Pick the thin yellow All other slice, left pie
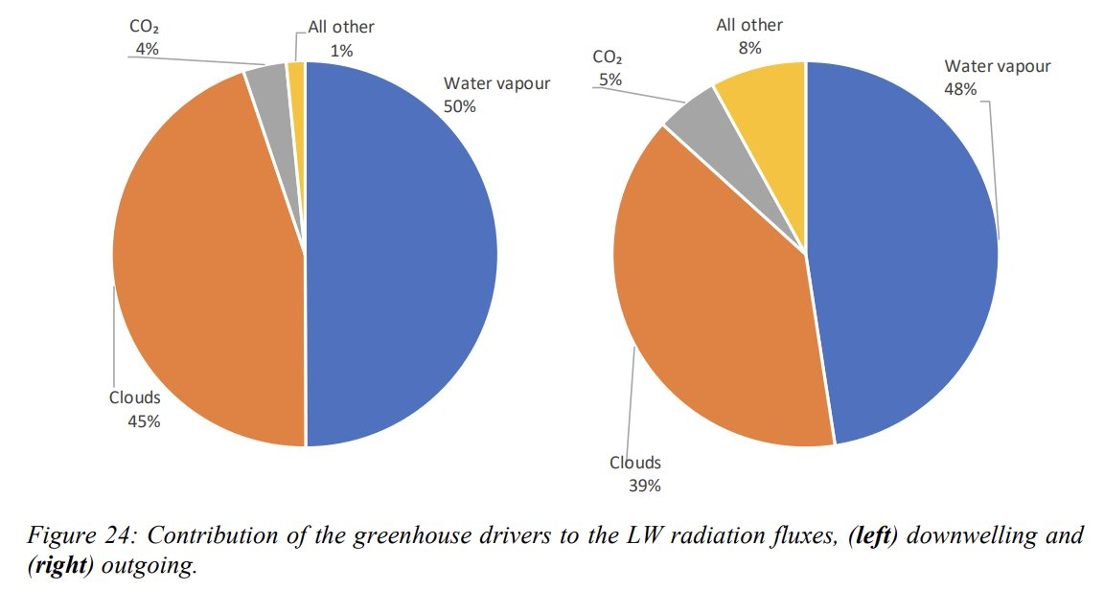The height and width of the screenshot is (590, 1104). (x=296, y=77)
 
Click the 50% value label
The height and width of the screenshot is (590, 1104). (x=460, y=106)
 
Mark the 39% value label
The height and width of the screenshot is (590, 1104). (x=644, y=486)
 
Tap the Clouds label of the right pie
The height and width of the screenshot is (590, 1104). (x=635, y=463)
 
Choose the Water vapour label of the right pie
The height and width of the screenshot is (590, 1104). (x=998, y=66)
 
